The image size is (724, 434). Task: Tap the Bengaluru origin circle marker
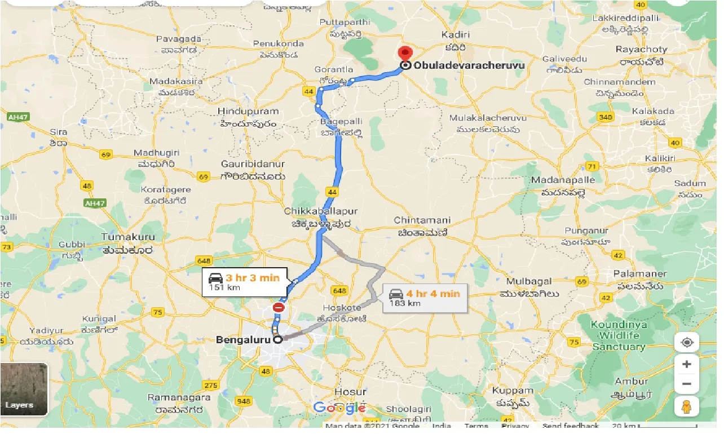click(277, 340)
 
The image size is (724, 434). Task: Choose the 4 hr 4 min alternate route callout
click(425, 298)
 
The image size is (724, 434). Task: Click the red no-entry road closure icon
click(279, 307)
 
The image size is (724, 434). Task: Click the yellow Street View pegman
click(686, 406)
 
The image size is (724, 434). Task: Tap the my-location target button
click(686, 342)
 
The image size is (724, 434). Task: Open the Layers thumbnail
click(24, 389)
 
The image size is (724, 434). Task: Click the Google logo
click(339, 408)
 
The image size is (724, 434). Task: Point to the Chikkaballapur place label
click(321, 211)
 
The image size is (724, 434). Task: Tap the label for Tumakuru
click(127, 237)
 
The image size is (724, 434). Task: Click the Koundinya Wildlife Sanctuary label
click(618, 335)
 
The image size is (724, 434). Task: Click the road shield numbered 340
click(606, 117)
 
